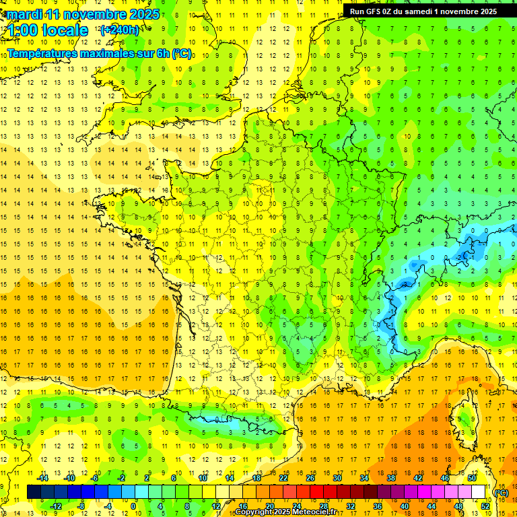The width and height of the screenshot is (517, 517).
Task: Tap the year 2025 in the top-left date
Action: click(143, 14)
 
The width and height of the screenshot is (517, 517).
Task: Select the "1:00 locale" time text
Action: click(48, 30)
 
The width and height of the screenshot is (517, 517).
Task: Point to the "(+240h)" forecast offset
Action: click(120, 30)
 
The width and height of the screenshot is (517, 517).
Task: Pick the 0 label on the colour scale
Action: click(133, 506)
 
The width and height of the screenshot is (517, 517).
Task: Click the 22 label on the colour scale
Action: click(283, 478)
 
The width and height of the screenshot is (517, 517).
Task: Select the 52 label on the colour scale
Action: click(485, 506)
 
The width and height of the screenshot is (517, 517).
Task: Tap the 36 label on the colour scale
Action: click(377, 506)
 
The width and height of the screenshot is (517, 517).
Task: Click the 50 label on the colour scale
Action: click(472, 478)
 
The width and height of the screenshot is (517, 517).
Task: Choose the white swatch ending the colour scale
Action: click(478, 492)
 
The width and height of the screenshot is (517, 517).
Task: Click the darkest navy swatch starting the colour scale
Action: click(34, 492)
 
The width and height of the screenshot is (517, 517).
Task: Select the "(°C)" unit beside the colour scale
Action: click(502, 492)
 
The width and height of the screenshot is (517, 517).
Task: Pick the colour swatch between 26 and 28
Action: click(316, 492)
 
